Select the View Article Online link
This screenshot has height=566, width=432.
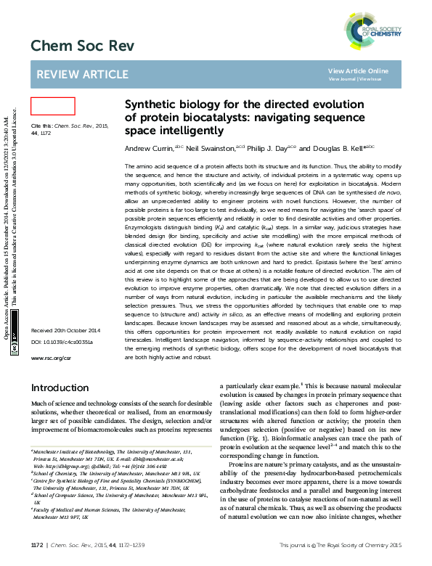click(358, 70)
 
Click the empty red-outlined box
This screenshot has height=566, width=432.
click(53, 106)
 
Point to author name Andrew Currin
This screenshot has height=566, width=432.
click(150, 148)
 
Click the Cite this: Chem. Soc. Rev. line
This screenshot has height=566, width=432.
click(69, 126)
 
